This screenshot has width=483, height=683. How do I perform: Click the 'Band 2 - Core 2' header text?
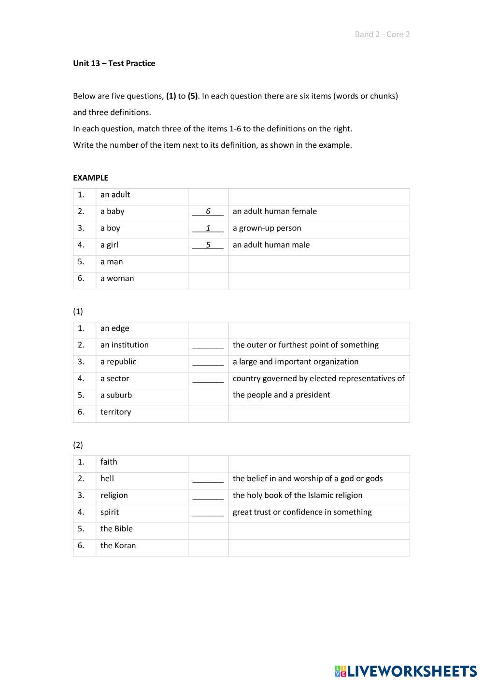click(382, 34)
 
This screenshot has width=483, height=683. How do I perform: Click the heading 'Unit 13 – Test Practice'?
click(114, 63)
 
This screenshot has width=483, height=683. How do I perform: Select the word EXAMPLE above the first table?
click(90, 178)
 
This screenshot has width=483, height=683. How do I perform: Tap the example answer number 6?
click(208, 212)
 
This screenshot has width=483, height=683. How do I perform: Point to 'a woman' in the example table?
click(117, 278)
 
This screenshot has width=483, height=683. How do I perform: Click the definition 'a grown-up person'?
click(267, 228)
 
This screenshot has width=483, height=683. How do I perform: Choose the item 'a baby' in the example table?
click(112, 211)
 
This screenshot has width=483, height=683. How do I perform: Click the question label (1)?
click(78, 311)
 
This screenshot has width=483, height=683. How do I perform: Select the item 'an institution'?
click(124, 345)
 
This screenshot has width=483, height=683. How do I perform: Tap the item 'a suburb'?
click(116, 395)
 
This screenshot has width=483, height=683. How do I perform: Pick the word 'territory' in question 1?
click(115, 412)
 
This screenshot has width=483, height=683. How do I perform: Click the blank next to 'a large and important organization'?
click(208, 362)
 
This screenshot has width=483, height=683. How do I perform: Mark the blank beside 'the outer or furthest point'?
click(208, 345)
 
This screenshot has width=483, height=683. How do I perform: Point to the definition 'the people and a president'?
click(281, 395)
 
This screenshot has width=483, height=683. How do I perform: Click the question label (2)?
click(78, 445)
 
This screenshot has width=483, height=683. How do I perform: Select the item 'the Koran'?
click(118, 545)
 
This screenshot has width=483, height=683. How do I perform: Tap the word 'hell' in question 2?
click(107, 479)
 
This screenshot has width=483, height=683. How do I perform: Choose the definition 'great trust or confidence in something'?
click(302, 512)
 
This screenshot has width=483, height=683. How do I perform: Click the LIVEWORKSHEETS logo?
click(406, 671)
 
